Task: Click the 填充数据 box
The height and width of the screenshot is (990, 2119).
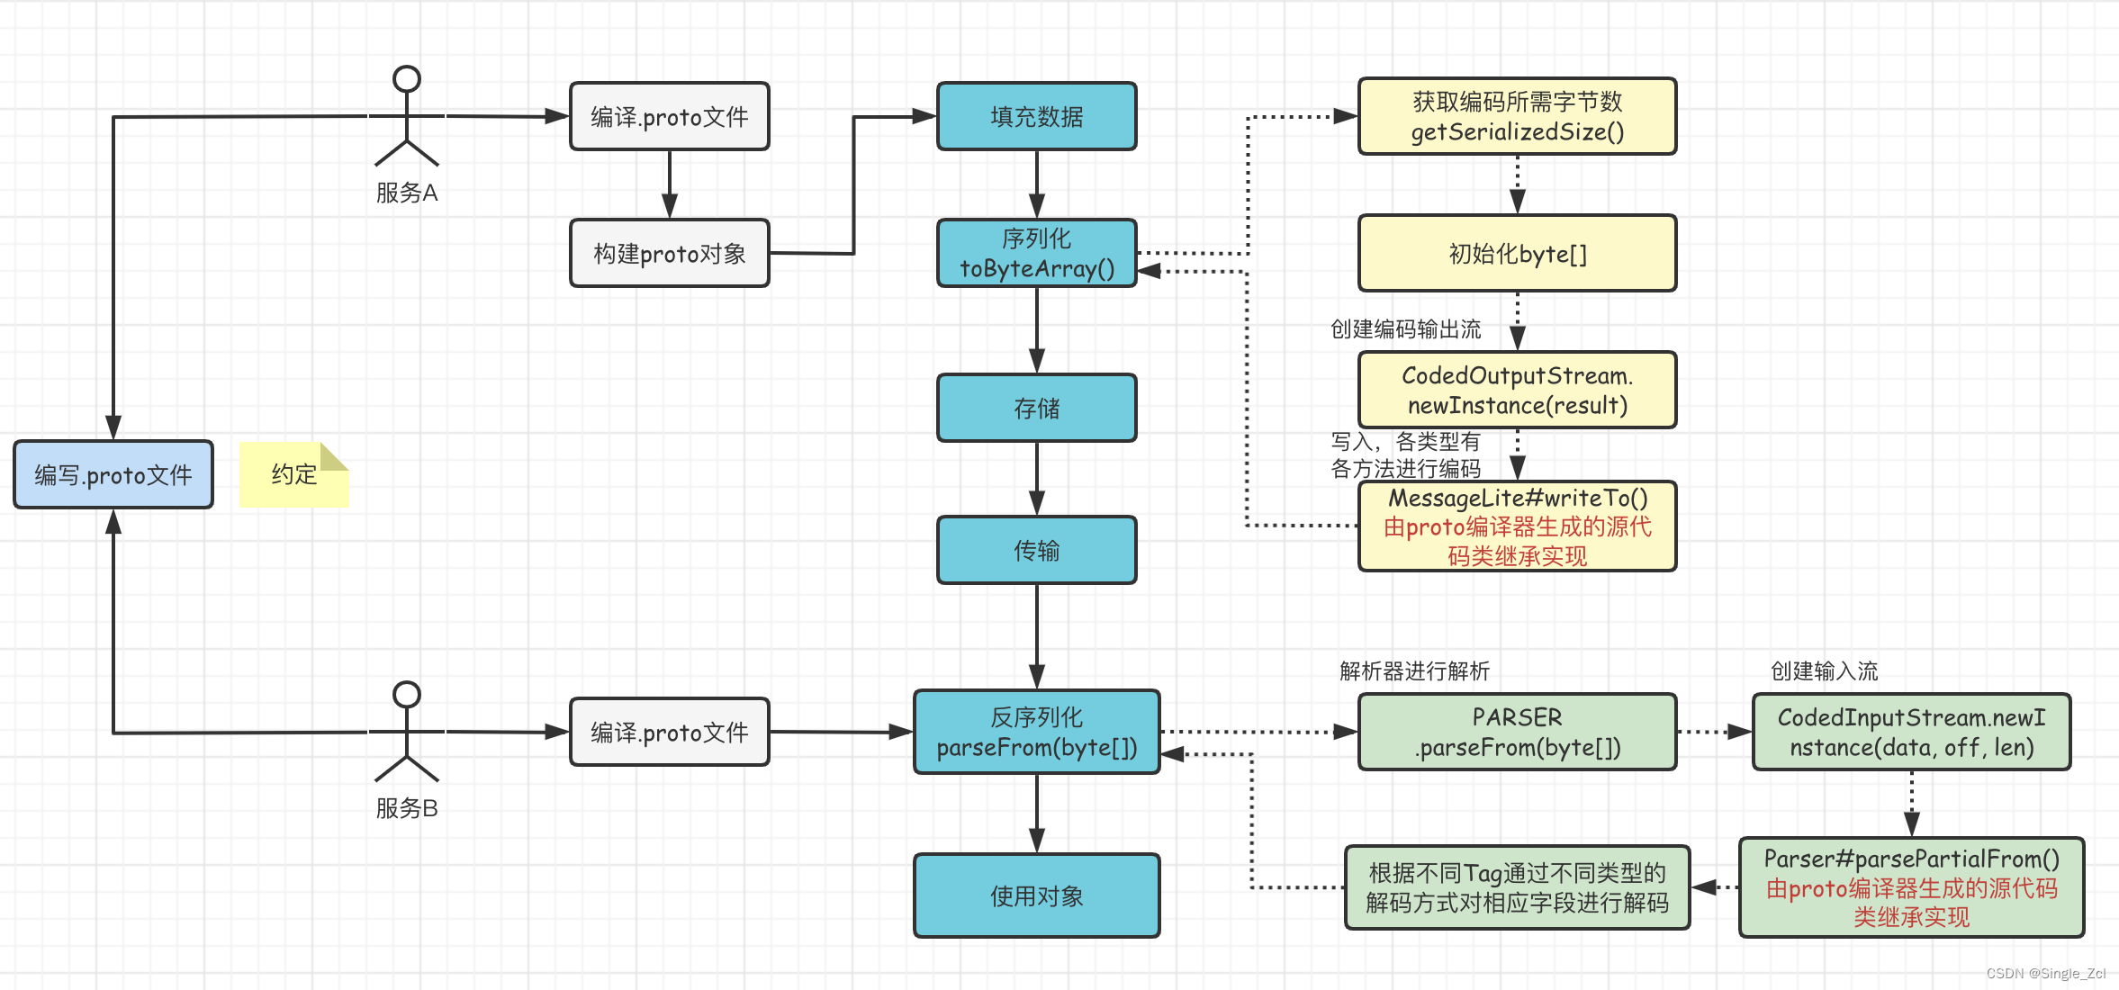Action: click(1036, 117)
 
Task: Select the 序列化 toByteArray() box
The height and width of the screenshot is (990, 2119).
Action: click(1036, 254)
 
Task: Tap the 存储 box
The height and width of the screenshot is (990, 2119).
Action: click(1036, 409)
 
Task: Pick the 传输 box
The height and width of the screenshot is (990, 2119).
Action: click(1036, 551)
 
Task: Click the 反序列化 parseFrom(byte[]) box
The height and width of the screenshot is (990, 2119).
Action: click(1036, 733)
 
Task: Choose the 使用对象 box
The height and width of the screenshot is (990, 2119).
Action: click(1036, 896)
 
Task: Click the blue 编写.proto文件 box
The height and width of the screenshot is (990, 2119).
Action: click(113, 475)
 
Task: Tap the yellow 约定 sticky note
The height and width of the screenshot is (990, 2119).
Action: click(293, 475)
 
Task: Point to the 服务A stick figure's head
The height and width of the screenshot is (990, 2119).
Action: click(407, 79)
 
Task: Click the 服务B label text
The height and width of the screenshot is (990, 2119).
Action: click(407, 808)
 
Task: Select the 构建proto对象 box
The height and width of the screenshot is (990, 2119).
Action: click(669, 254)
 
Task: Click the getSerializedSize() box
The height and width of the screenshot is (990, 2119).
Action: click(1517, 117)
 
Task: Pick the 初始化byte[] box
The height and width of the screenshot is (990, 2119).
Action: click(1517, 254)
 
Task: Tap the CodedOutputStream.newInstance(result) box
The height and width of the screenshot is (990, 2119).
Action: click(1517, 391)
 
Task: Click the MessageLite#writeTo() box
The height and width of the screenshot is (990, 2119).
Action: click(1517, 526)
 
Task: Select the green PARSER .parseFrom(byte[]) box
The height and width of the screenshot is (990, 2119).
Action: click(1517, 733)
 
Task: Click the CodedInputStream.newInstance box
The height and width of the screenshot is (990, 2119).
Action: click(1911, 733)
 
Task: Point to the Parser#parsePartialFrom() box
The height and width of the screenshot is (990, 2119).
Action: click(1911, 888)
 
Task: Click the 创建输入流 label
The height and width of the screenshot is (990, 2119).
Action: click(1824, 671)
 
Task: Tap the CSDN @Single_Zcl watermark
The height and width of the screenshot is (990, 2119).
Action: click(2045, 974)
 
